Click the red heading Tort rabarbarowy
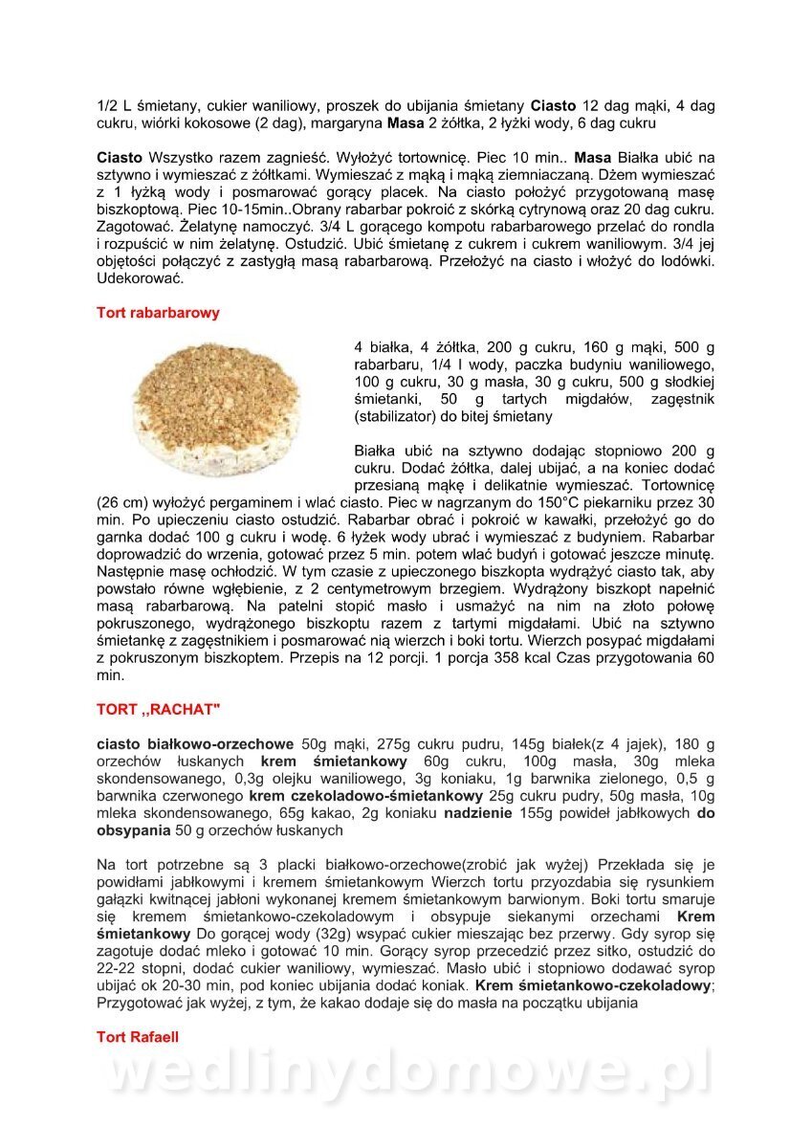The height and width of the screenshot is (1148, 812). tap(158, 313)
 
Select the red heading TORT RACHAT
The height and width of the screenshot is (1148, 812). tap(158, 710)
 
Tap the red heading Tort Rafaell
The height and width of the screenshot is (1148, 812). tap(138, 1037)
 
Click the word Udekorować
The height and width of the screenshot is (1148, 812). tap(141, 279)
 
